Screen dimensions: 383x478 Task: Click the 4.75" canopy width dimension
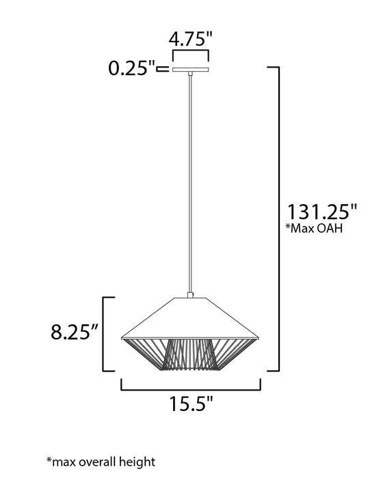coord(190,39)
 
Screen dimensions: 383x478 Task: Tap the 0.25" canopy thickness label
coord(131,68)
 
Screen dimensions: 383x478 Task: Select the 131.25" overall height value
coord(322,212)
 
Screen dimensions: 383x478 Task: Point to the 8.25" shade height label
coord(75,332)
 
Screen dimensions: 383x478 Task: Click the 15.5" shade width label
coord(191,404)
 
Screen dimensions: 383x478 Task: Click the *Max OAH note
coord(314,228)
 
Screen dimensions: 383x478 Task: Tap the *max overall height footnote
coord(101,462)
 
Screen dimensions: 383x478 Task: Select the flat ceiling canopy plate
coord(190,70)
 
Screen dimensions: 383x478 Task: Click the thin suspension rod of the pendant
coord(190,184)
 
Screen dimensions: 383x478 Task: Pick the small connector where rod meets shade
coord(190,295)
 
